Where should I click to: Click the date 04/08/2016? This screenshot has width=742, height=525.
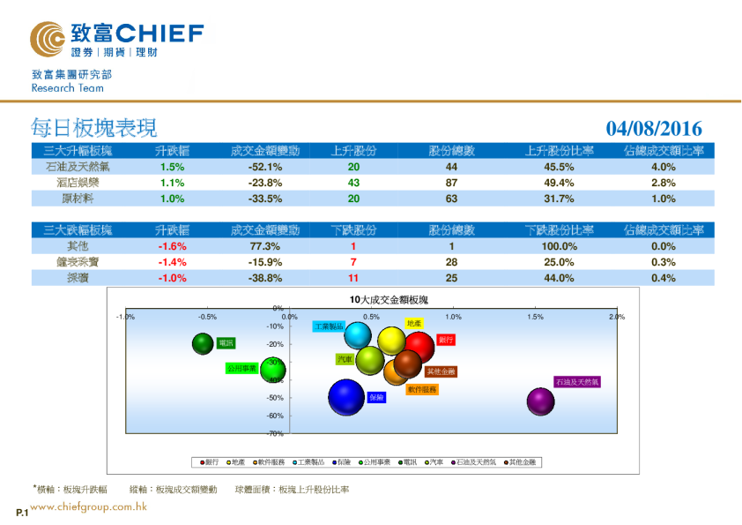click(654, 129)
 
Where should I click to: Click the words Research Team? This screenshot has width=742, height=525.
click(67, 88)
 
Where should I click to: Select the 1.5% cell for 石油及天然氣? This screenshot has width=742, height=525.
click(172, 167)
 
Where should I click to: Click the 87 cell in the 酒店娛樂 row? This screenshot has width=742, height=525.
click(451, 183)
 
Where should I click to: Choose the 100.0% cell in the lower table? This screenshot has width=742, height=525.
click(559, 247)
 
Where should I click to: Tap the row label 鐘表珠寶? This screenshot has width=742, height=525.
click(78, 263)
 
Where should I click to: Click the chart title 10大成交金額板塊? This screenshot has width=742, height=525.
click(388, 301)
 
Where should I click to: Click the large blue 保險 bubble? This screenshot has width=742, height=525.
click(346, 398)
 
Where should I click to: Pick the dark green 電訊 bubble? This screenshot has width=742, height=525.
click(204, 343)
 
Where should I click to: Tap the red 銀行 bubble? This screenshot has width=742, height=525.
click(420, 348)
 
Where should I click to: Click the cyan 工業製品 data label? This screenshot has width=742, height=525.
click(329, 326)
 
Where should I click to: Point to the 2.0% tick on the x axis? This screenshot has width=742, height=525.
click(616, 317)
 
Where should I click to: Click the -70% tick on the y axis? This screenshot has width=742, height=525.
click(276, 434)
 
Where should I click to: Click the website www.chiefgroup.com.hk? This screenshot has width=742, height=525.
click(88, 507)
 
